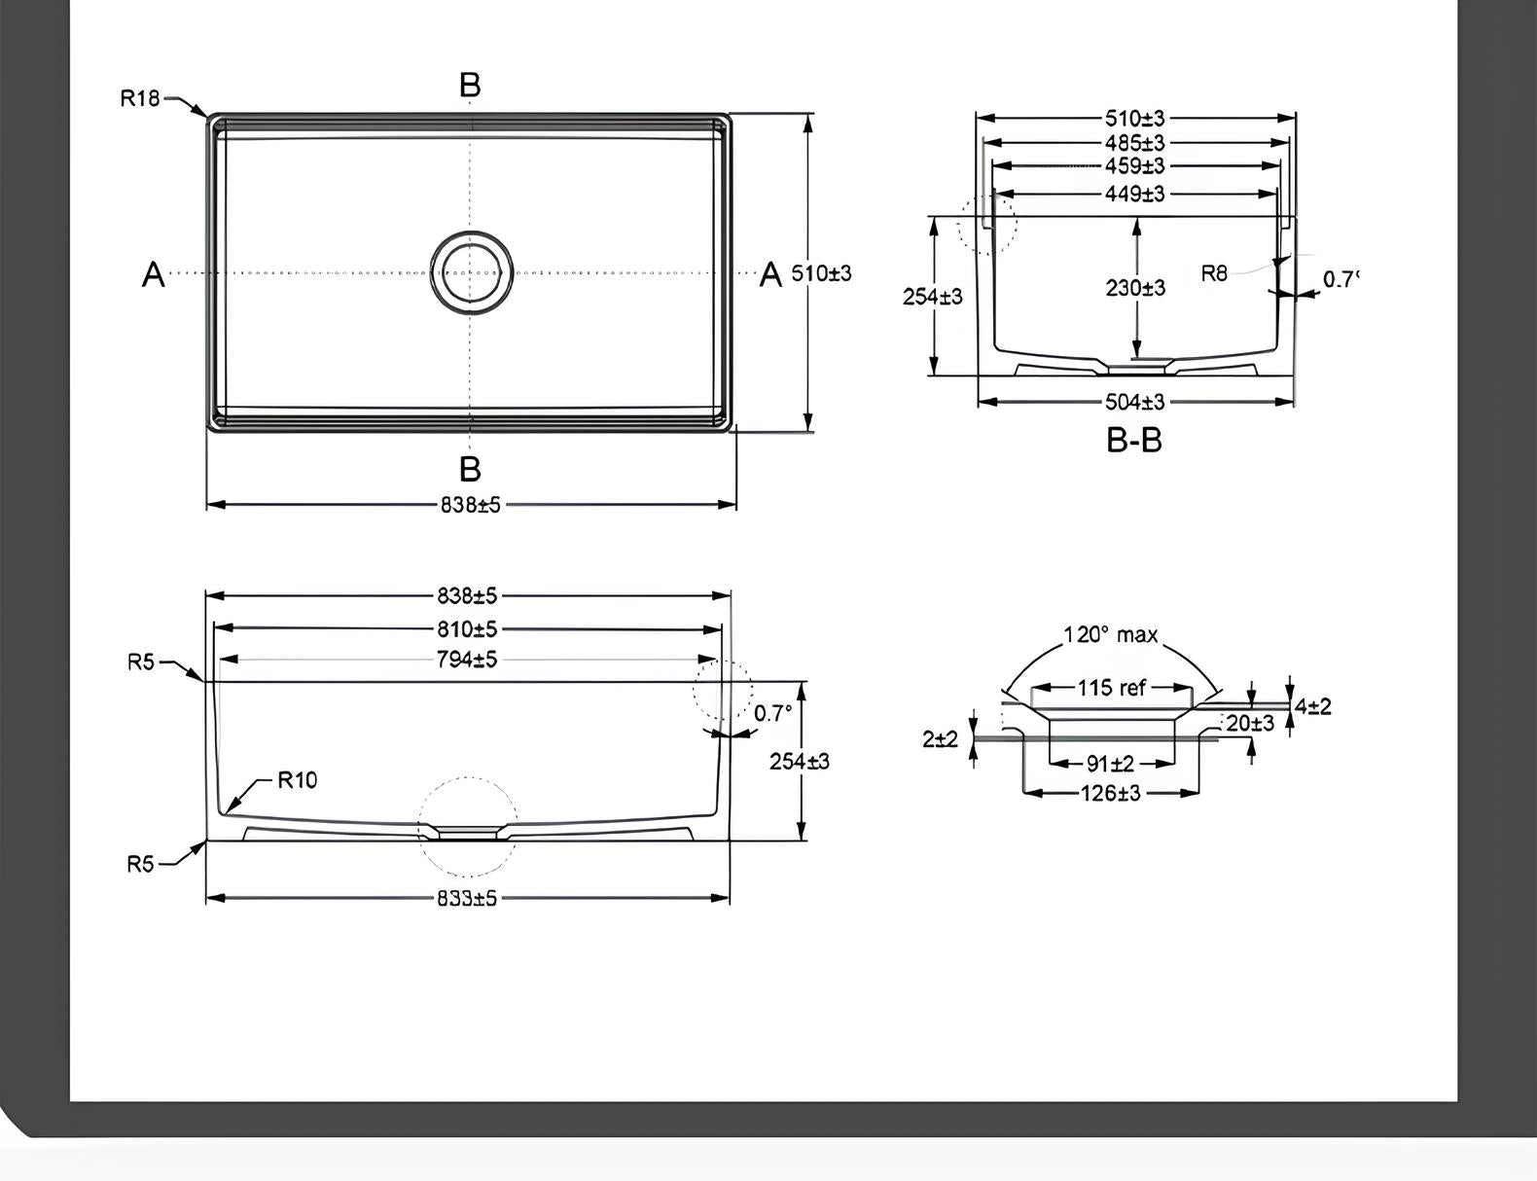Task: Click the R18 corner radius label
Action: click(x=139, y=98)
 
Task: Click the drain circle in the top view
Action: click(x=471, y=272)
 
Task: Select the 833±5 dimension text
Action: click(x=467, y=898)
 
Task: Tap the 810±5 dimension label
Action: click(x=467, y=628)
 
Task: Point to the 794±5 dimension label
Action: click(x=467, y=660)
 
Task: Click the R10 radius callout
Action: click(x=297, y=780)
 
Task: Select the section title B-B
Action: click(x=1134, y=441)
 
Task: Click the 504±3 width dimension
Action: click(x=1134, y=402)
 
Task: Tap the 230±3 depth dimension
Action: click(x=1134, y=288)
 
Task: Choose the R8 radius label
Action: click(x=1214, y=273)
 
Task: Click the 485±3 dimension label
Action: click(x=1134, y=143)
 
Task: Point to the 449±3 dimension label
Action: click(x=1134, y=194)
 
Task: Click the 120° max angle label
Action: click(x=1110, y=635)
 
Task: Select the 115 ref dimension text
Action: click(x=1111, y=688)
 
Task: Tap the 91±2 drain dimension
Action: click(x=1110, y=764)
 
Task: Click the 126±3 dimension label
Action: click(x=1110, y=794)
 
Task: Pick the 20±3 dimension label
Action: click(x=1250, y=723)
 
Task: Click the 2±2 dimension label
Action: click(x=940, y=739)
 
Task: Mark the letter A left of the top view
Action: click(x=153, y=274)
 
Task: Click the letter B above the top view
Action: click(x=470, y=86)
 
